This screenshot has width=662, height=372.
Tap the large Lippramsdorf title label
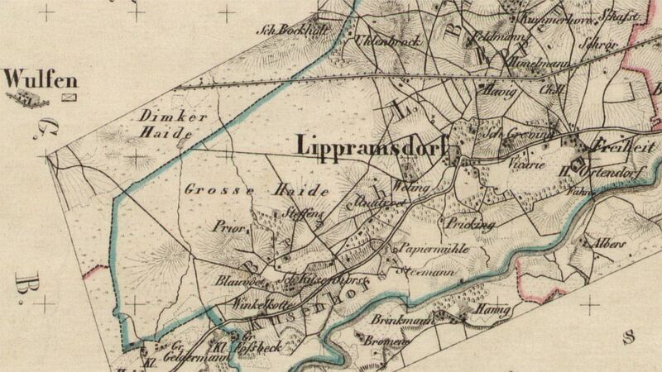pos(369,145)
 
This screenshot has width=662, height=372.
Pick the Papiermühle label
pos(424,246)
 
